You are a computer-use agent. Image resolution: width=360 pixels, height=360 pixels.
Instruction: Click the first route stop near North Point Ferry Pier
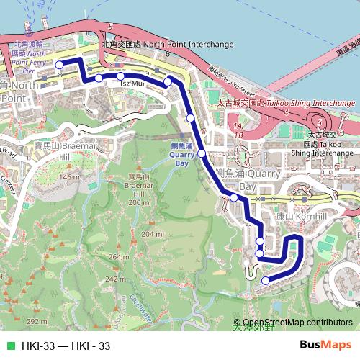point(60,64)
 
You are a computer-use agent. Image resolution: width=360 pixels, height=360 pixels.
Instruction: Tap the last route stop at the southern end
point(266,280)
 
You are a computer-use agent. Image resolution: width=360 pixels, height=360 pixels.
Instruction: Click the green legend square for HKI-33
point(9,346)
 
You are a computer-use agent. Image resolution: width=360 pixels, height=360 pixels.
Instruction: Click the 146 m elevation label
point(70,176)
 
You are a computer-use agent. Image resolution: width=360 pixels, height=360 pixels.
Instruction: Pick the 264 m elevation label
point(119,256)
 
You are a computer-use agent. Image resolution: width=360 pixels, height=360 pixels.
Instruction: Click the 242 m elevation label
point(116,279)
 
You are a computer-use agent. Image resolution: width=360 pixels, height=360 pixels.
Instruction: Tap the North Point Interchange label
point(168,44)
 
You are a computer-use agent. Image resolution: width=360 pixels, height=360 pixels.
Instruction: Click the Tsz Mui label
point(129,84)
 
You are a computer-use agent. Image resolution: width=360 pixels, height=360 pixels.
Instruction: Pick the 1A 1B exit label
point(238,130)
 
